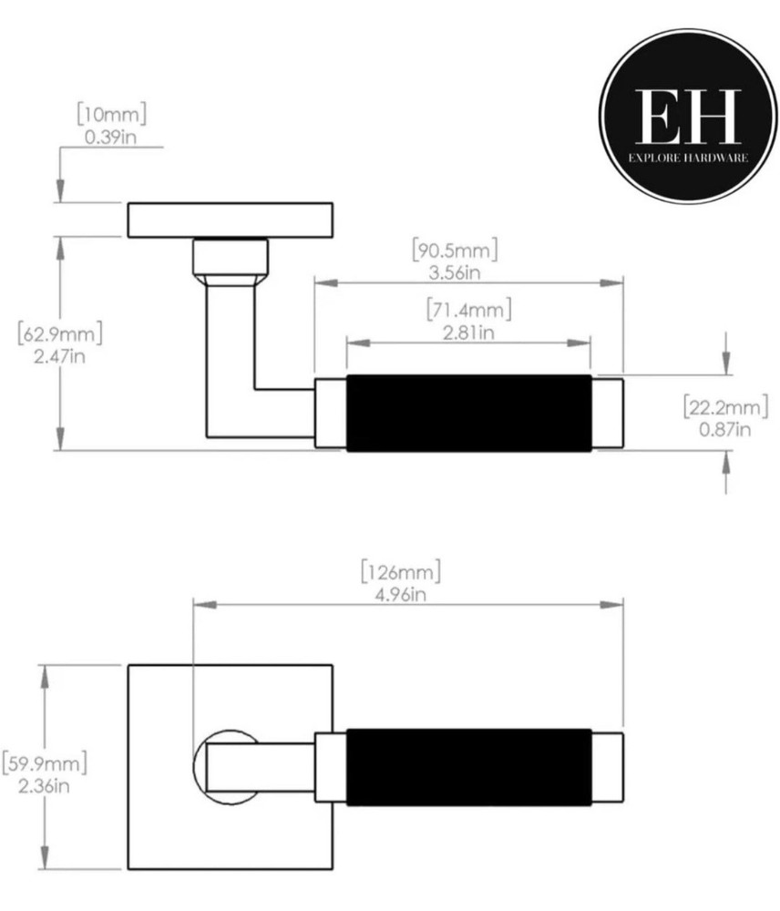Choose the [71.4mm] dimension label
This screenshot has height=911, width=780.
(468, 310)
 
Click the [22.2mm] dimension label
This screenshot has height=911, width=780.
(725, 406)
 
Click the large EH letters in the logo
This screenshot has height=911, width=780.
(688, 116)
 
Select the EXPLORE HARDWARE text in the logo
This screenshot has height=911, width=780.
(688, 158)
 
